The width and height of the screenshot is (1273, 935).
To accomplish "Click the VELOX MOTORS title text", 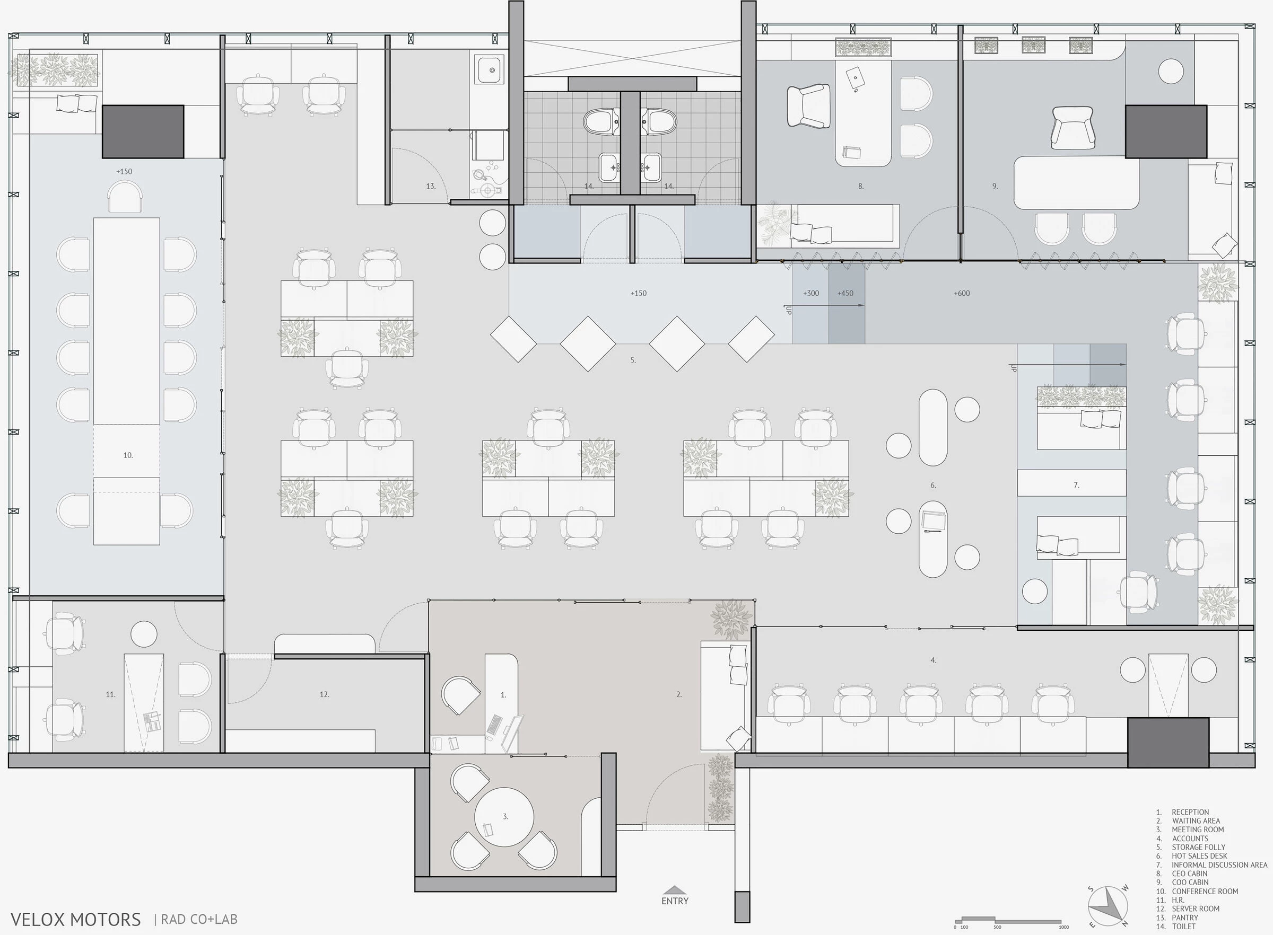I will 75,919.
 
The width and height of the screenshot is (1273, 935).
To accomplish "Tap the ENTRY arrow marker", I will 675,890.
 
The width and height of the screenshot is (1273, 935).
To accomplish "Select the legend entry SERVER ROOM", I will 1195,908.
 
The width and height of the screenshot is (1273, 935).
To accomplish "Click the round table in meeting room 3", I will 504,817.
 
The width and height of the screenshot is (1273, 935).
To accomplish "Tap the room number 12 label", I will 324,694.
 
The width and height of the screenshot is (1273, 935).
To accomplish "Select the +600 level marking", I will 962,293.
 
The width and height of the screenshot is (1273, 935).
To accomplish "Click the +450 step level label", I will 845,293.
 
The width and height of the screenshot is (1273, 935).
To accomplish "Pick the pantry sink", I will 491,70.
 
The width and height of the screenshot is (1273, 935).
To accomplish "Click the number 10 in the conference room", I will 128,455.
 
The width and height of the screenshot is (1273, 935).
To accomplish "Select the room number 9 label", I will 995,186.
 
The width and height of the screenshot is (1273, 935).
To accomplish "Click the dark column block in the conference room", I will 143,131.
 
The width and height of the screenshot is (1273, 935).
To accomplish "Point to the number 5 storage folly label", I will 633,360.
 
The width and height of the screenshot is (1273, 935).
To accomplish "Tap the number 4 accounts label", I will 933,660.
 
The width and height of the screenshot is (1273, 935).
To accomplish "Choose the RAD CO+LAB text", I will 199,920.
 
